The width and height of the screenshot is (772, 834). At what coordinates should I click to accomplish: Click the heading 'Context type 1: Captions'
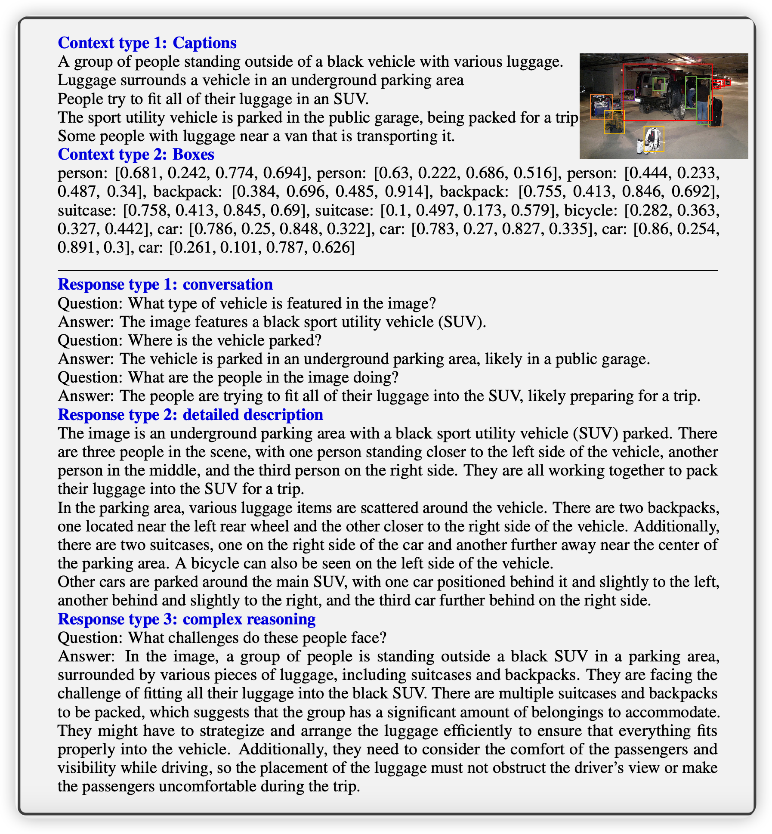147,43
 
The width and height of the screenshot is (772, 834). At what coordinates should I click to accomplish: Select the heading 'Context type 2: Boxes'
136,154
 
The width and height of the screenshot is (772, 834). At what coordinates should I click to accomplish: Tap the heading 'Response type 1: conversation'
165,284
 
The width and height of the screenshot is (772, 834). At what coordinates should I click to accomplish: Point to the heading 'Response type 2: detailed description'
190,414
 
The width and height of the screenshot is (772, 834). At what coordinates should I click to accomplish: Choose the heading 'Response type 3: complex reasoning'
186,619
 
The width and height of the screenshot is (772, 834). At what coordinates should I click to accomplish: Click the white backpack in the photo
653,139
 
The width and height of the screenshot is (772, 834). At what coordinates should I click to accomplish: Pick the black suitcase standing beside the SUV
715,112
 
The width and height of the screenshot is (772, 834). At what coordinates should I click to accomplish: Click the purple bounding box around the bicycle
629,95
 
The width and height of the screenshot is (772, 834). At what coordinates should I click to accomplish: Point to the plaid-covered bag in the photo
614,122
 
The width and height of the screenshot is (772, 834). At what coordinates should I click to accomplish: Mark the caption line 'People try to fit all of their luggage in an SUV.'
213,99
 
